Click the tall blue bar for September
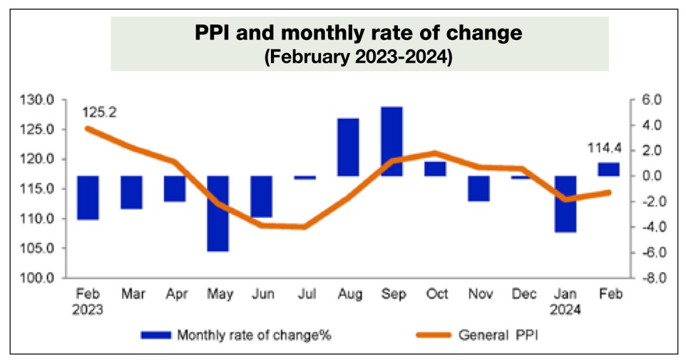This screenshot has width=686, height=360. tap(392, 141)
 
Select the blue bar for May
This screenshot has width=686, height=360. tap(218, 213)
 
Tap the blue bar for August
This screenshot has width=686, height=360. tap(348, 147)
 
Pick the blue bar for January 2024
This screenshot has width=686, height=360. tap(565, 204)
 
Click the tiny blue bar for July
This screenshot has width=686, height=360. tap(305, 178)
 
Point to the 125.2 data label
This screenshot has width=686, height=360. tap(99, 113)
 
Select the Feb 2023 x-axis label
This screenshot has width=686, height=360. tap(88, 302)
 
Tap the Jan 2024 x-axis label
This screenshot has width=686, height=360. tap(566, 302)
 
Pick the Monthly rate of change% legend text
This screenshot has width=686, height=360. tap(254, 335)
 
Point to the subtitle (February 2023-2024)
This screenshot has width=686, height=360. tap(359, 58)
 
